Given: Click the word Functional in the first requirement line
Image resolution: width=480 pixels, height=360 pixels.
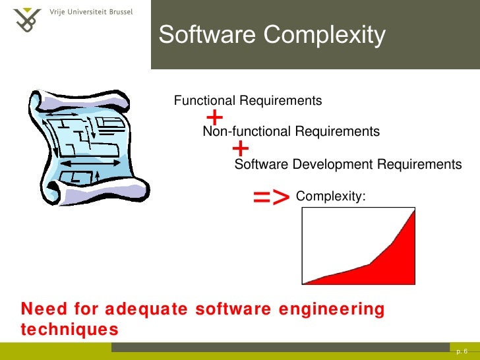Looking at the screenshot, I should (204, 101).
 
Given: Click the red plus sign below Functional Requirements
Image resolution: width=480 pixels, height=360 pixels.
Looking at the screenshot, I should (215, 118).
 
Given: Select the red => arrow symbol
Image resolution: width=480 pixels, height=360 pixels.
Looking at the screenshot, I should (271, 196).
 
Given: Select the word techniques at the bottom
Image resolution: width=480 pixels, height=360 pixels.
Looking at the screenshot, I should (70, 328).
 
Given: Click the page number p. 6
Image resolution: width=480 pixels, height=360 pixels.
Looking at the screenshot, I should (462, 351).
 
